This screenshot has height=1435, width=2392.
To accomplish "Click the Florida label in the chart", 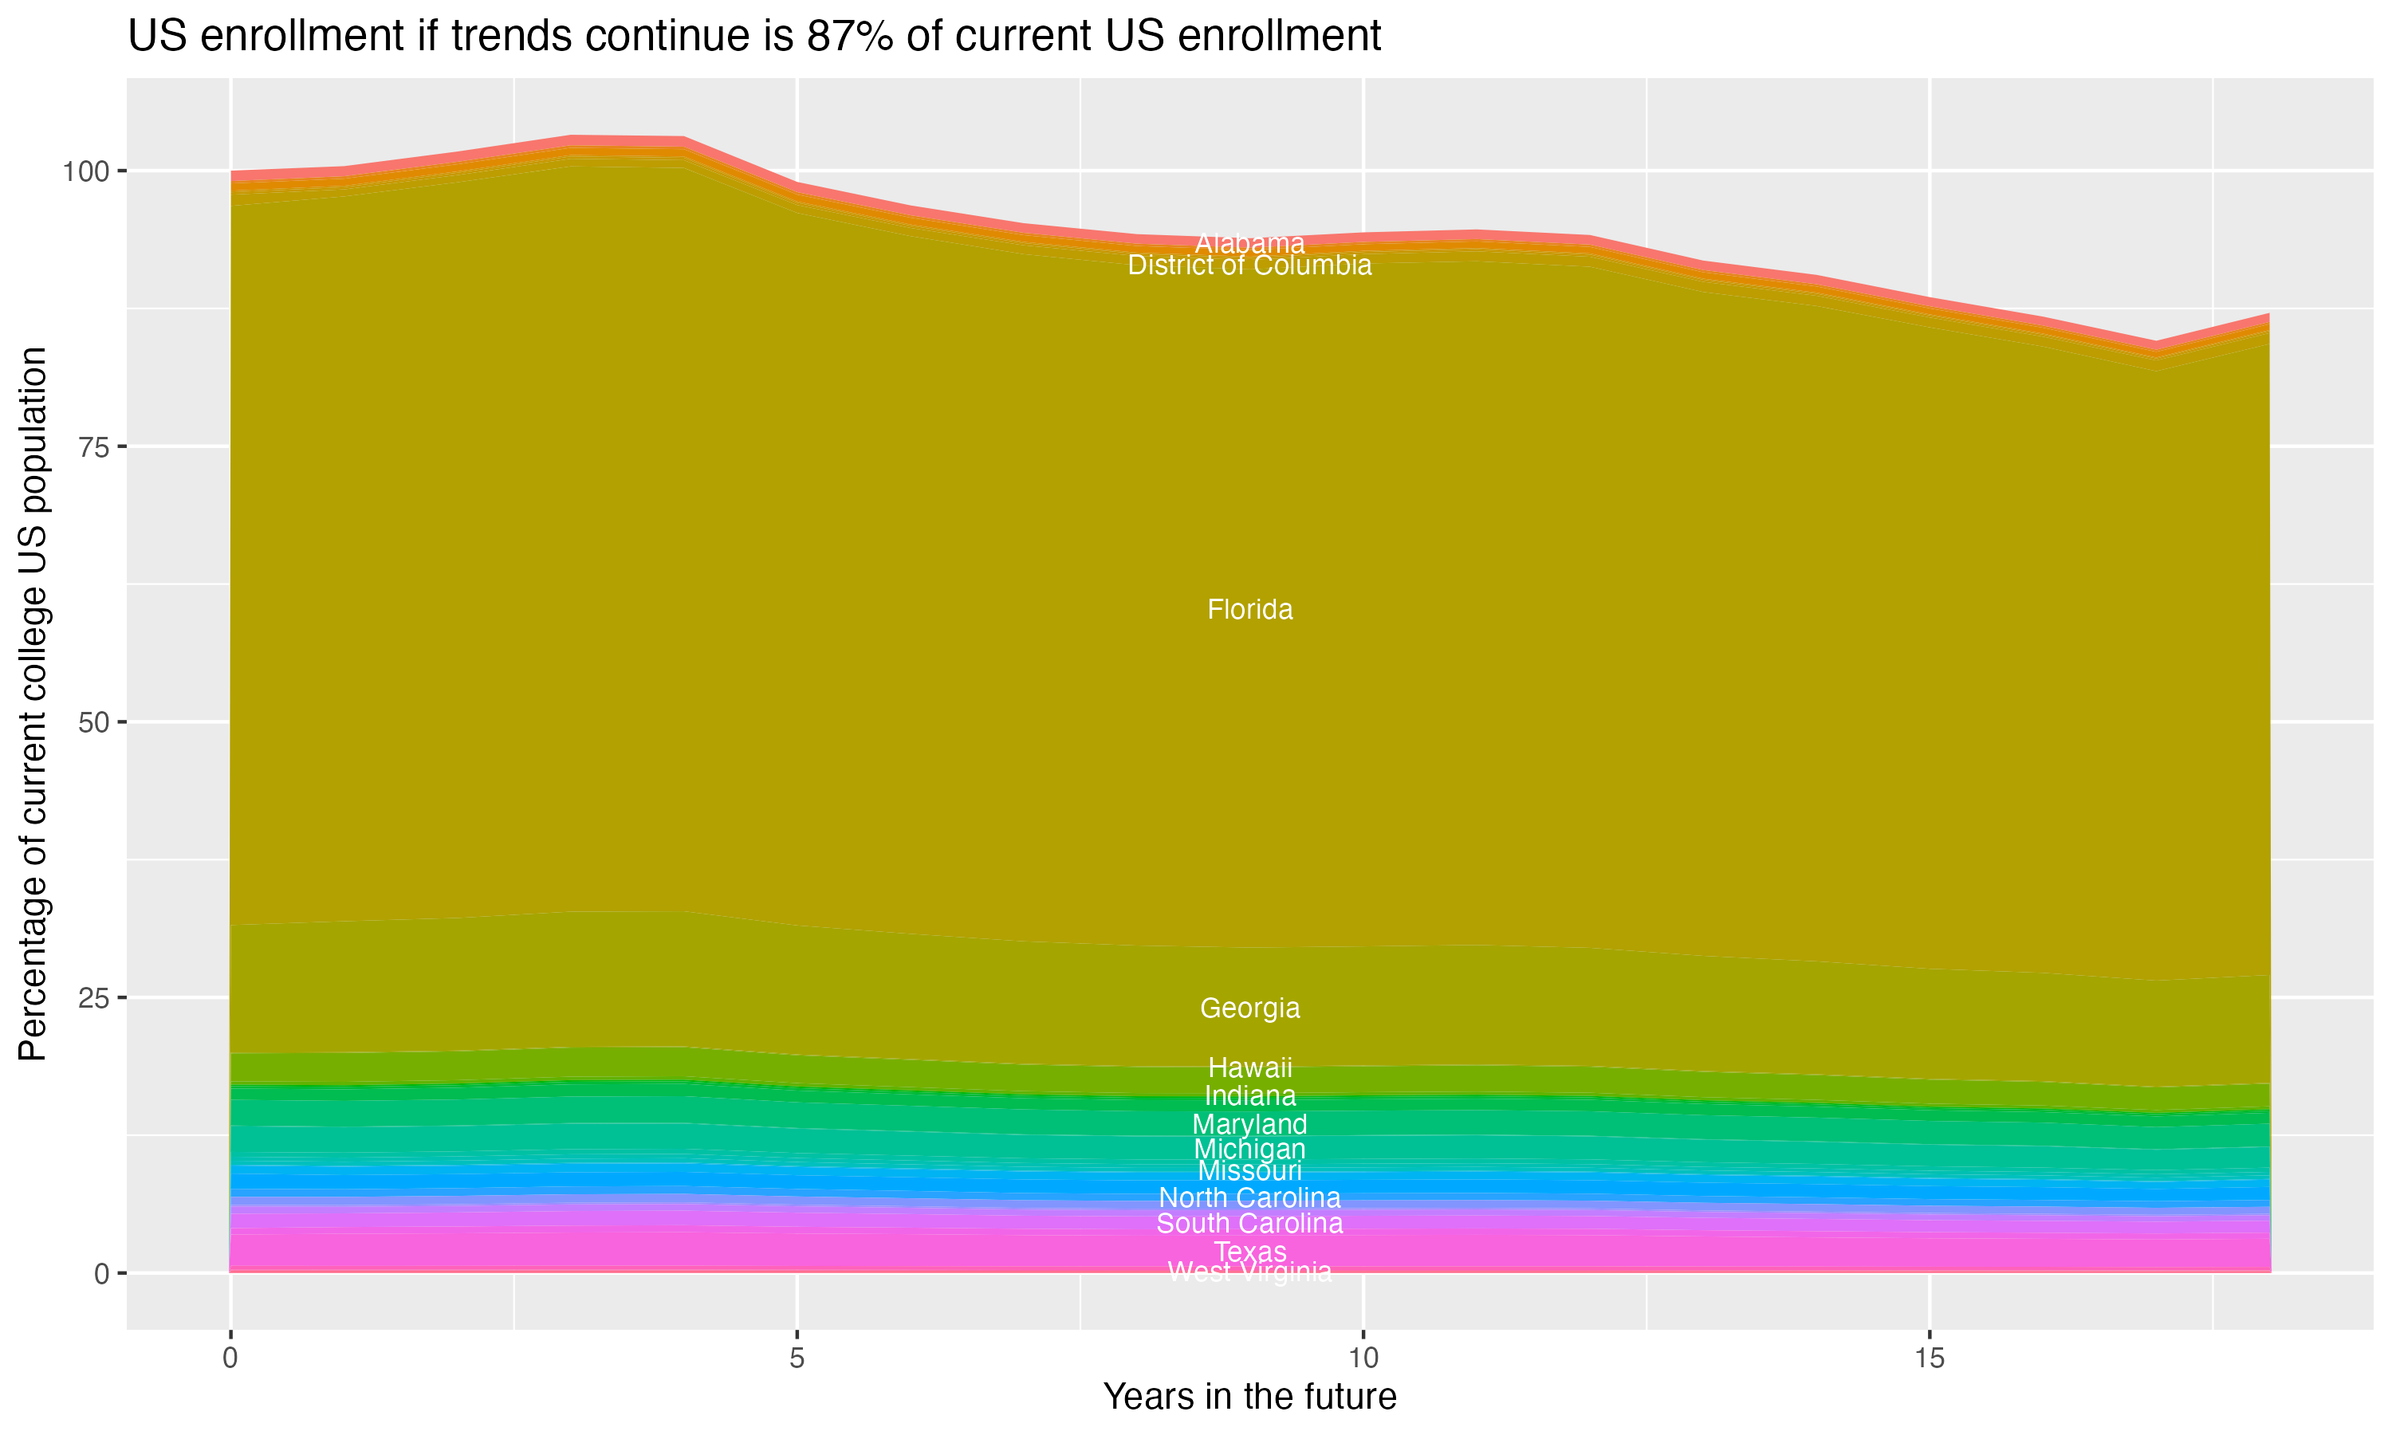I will coord(1249,610).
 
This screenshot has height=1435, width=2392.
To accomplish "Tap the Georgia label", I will coord(1249,1008).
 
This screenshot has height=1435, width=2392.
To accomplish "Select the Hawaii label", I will coord(1249,1068).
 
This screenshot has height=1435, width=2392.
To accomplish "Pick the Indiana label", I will coord(1249,1096).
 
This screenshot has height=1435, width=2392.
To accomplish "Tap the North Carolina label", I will coord(1249,1198).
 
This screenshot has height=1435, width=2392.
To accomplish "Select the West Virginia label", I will coord(1249,1272).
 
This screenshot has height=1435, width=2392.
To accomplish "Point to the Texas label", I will coord(1249,1252).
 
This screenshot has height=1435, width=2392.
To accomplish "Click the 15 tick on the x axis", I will coord(1929,1358).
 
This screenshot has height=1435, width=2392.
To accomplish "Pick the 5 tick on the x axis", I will coord(797,1358).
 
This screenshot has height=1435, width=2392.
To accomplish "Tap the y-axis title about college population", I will coord(33,703).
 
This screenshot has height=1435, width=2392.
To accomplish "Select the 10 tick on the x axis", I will coord(1363,1358).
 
